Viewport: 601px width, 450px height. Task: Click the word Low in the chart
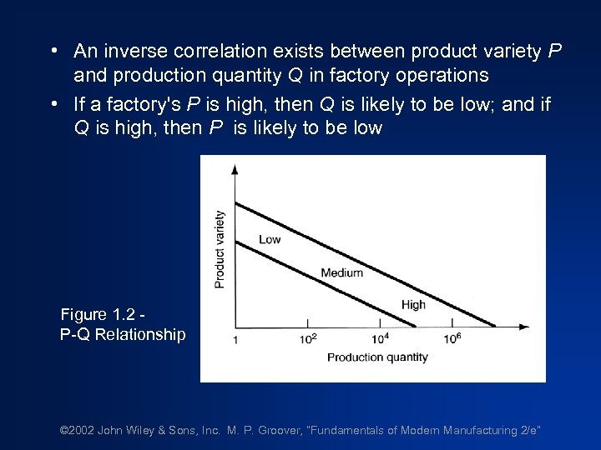point(270,239)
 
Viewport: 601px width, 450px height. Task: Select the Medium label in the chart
point(342,272)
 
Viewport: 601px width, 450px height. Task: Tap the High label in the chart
point(413,305)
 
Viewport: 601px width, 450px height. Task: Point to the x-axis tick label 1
point(235,340)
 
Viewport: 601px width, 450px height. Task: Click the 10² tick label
point(309,339)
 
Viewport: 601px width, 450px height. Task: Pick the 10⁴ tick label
point(379,339)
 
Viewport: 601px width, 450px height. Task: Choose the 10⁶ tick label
point(452,339)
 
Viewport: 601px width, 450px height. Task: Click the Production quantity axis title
point(377,357)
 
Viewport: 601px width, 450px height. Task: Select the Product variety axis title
point(220,249)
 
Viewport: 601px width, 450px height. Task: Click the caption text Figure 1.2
point(101,315)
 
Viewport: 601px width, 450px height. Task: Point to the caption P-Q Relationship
point(123,335)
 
